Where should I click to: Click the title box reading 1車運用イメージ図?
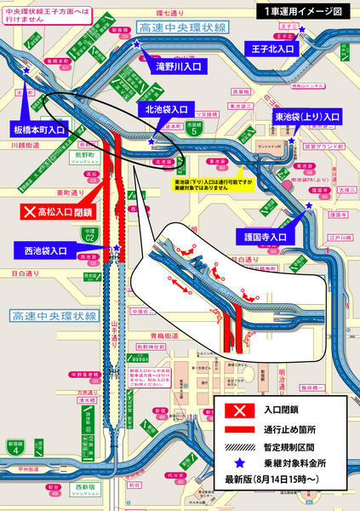point(304,12)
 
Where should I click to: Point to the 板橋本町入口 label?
point(39,129)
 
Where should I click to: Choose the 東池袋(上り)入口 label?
point(307,115)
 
